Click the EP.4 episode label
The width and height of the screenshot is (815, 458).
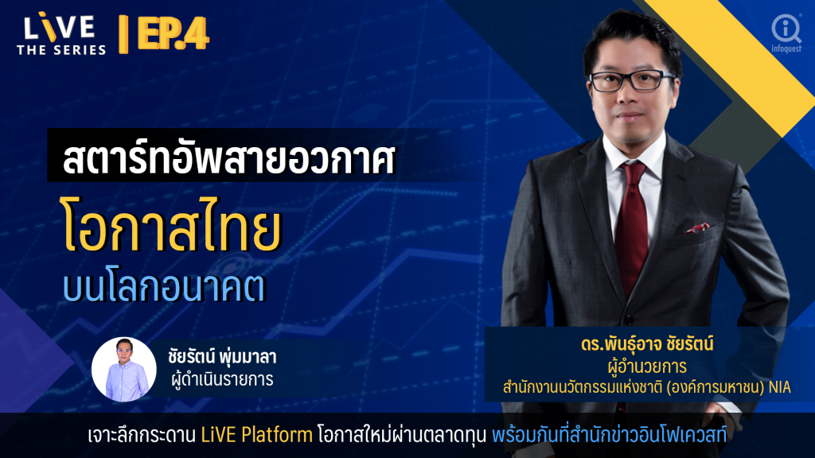pos(174,33)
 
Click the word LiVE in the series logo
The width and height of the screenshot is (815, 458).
pos(59,28)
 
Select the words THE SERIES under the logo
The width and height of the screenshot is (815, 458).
pos(61,50)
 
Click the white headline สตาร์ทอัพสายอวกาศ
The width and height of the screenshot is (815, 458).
pos(229,158)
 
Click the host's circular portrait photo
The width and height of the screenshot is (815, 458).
pos(123,369)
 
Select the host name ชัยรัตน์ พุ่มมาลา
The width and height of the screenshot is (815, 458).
pos(222,357)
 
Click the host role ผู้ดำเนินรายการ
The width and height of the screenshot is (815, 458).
pos(222,379)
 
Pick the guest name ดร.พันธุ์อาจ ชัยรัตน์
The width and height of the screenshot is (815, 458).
pos(647,343)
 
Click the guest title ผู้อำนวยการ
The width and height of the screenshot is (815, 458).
pos(647,367)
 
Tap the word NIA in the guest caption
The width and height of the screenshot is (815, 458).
pos(780,387)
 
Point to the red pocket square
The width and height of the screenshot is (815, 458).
pos(697,227)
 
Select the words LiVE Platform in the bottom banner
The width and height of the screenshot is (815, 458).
pos(257,435)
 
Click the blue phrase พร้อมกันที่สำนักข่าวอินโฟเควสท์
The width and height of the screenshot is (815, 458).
pos(609,435)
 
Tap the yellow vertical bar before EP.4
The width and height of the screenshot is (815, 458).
pos(123,34)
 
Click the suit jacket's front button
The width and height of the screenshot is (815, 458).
pos(630,319)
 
